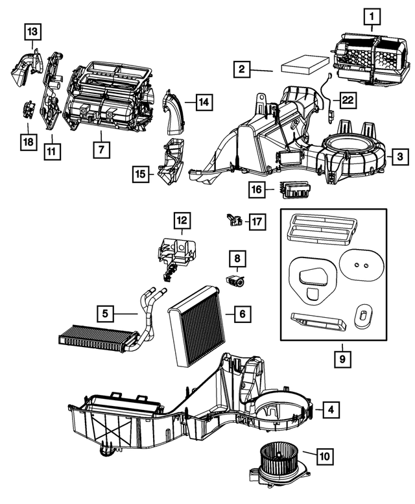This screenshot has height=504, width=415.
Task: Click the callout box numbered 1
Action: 372,17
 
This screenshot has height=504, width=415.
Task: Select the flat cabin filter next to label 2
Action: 305,66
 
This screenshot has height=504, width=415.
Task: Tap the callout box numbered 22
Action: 348,100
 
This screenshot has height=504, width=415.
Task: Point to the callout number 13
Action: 33,32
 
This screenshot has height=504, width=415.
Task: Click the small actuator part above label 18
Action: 29,109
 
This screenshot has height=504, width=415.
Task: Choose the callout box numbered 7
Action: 102,150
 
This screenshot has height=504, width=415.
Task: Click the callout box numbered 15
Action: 141,174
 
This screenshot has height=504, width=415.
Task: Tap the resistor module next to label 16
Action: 292,189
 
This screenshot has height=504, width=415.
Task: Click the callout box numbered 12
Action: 182,221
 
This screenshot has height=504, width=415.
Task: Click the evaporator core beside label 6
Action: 197,326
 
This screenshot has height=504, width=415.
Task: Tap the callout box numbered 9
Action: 342,359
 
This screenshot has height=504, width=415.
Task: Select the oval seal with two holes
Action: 361,266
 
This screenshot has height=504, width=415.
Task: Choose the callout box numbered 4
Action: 331,409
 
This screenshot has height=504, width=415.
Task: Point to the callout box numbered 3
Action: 400,157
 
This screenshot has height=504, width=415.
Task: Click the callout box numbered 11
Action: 52,151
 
